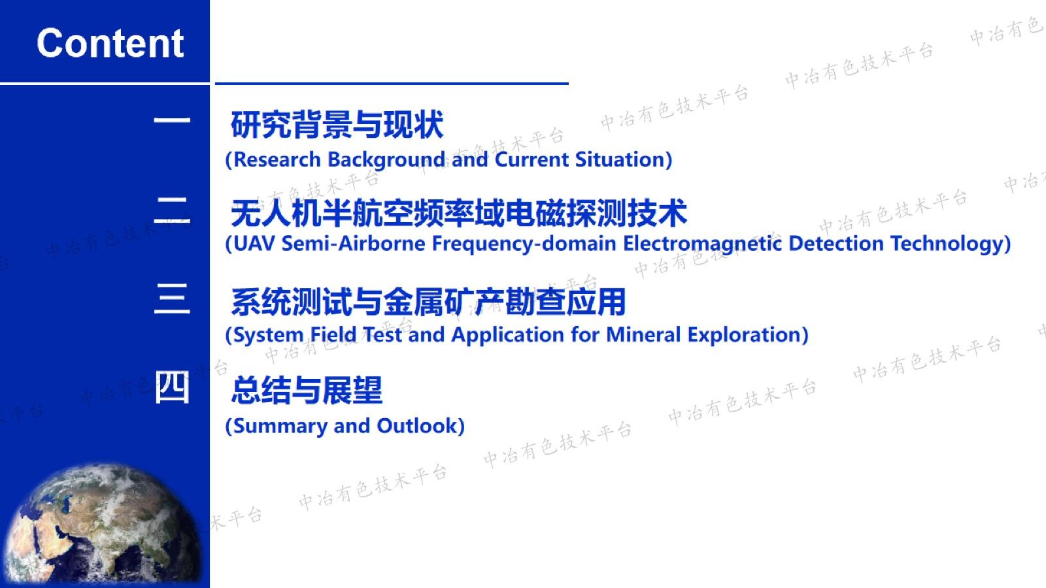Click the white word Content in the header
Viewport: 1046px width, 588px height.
click(x=110, y=43)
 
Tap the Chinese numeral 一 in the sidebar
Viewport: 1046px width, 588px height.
click(x=172, y=120)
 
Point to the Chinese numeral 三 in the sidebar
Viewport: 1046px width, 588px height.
click(x=172, y=298)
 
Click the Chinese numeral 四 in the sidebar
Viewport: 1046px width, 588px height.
click(x=172, y=387)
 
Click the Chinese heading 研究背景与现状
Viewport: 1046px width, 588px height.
click(x=337, y=125)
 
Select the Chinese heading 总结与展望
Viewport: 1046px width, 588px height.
click(x=307, y=390)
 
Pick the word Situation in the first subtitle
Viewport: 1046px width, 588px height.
click(x=620, y=159)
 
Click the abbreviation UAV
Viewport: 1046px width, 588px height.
click(x=254, y=244)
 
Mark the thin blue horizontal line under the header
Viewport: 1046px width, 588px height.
click(x=392, y=84)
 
